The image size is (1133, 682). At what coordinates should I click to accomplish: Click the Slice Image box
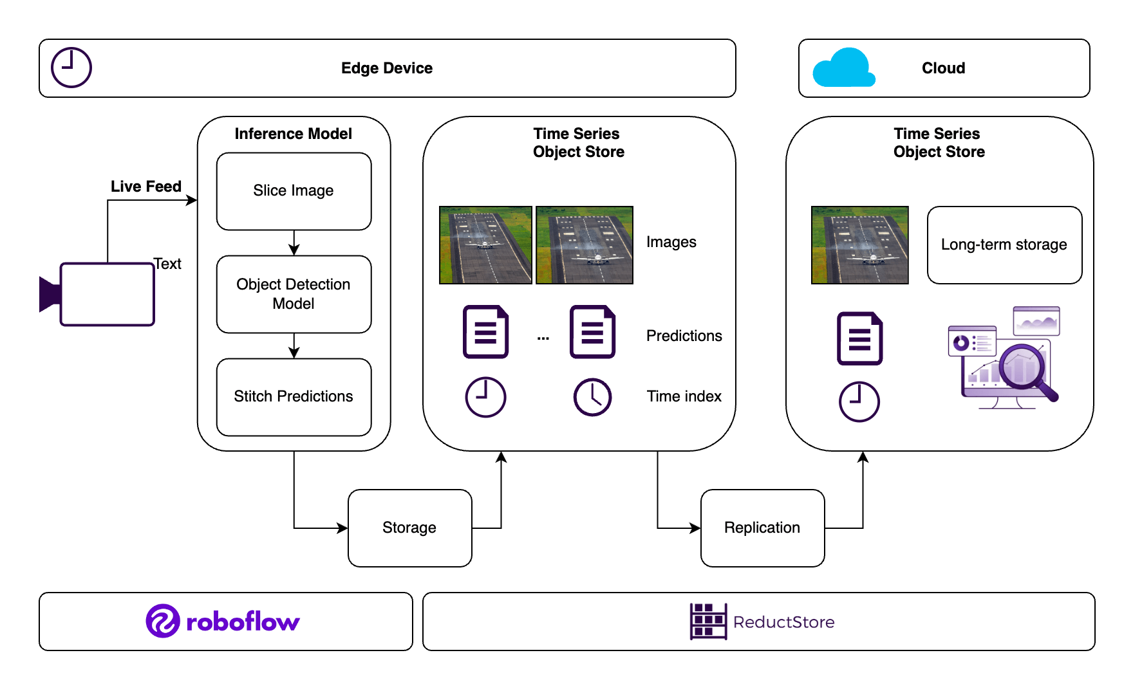pyautogui.click(x=294, y=191)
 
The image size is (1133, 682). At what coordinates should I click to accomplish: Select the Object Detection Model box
pyautogui.click(x=294, y=294)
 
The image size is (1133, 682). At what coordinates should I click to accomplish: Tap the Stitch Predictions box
pyautogui.click(x=294, y=397)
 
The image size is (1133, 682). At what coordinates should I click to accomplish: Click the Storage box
pyautogui.click(x=409, y=528)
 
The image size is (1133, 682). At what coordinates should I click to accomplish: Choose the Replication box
pyautogui.click(x=762, y=528)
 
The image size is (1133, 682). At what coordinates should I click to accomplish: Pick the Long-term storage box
pyautogui.click(x=1004, y=244)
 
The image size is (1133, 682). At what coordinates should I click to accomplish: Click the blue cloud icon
pyautogui.click(x=843, y=68)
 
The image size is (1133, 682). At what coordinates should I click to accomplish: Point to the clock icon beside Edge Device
pyautogui.click(x=71, y=68)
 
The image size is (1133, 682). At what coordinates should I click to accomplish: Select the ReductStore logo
pyautogui.click(x=762, y=622)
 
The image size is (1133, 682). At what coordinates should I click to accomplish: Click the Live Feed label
pyautogui.click(x=146, y=187)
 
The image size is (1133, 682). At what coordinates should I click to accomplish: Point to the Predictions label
pyautogui.click(x=684, y=336)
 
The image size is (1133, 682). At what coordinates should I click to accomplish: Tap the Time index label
pyautogui.click(x=684, y=396)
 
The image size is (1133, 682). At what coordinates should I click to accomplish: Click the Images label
pyautogui.click(x=671, y=242)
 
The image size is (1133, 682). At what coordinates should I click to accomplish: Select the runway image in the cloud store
pyautogui.click(x=859, y=244)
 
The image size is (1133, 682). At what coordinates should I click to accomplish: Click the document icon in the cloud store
pyautogui.click(x=859, y=338)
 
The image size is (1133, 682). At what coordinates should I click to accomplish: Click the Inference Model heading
pyautogui.click(x=293, y=134)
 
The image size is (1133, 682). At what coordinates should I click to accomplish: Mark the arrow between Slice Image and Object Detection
pyautogui.click(x=294, y=243)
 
